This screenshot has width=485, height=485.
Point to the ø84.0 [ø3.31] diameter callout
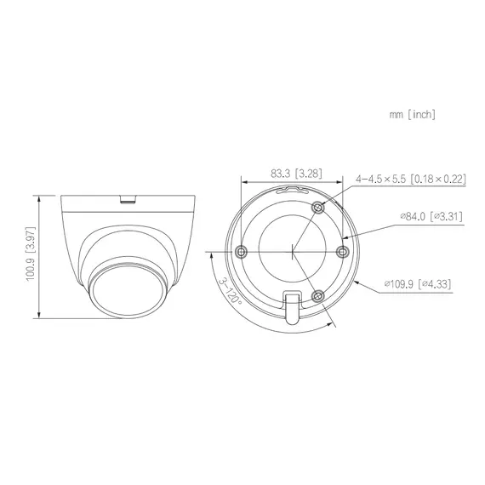[431, 217]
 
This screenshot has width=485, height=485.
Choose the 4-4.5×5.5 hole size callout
[411, 179]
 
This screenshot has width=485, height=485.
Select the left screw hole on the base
[242, 251]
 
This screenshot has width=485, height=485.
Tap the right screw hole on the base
[343, 251]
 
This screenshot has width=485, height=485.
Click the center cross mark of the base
[293, 251]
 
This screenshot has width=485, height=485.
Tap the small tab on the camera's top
[128, 201]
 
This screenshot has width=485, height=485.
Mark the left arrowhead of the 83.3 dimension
[244, 181]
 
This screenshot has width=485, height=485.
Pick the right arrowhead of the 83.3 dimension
[341, 181]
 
